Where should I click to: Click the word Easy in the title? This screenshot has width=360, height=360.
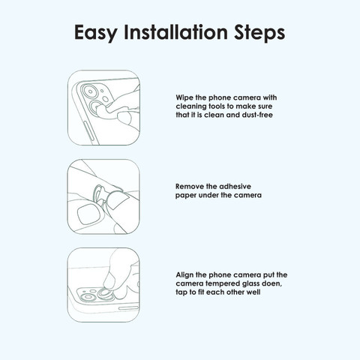tap(96, 33)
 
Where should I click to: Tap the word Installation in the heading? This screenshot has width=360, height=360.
tap(175, 31)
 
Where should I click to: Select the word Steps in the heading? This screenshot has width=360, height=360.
tap(259, 33)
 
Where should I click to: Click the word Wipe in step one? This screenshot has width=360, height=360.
tap(184, 97)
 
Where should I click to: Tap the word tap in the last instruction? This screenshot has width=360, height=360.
tap(181, 292)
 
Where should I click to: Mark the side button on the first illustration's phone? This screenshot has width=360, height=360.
tap(89, 131)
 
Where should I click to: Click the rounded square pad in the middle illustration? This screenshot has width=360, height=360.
tap(88, 214)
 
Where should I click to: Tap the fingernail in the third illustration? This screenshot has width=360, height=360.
tap(109, 281)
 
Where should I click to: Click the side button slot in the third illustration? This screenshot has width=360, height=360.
tap(128, 308)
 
